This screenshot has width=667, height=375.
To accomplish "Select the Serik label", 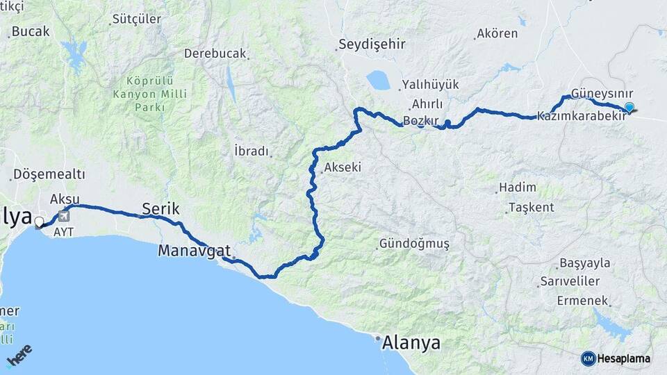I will tap(160, 208).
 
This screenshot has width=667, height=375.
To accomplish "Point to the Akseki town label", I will tap(343, 167).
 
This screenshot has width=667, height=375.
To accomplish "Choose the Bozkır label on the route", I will tap(420, 121).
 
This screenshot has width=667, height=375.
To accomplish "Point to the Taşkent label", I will tap(531, 208).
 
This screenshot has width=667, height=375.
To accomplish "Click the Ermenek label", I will tap(582, 301).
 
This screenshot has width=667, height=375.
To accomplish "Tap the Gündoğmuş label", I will tap(414, 244).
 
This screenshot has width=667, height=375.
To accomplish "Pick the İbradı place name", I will tap(251, 151).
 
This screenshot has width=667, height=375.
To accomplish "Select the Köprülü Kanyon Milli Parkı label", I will tap(142, 94).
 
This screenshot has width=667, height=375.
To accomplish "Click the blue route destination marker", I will tap(629, 107).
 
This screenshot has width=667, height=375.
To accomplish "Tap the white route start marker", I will tap(39, 223).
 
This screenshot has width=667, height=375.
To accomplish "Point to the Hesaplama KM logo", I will tap(616, 358).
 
